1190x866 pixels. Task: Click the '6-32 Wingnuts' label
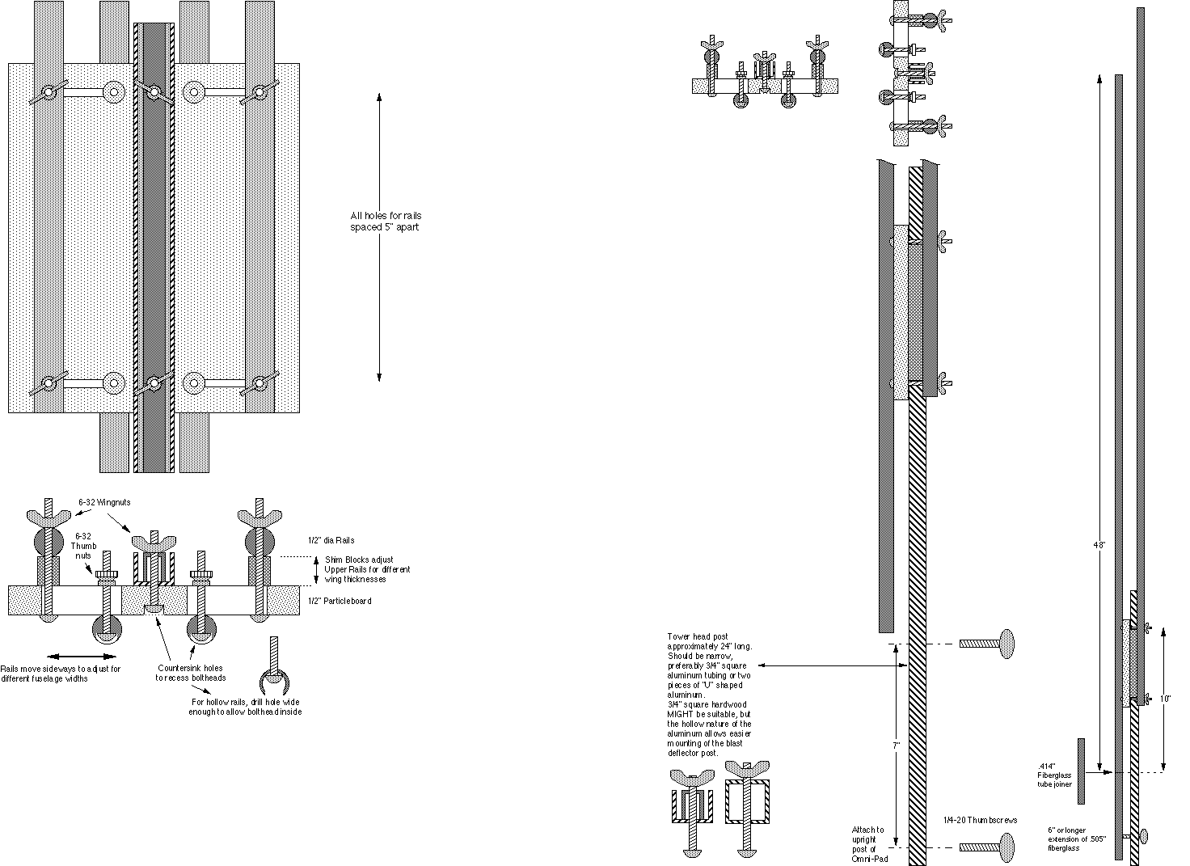click(104, 502)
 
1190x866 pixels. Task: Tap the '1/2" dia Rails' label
click(331, 540)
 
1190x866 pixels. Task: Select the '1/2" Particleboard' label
click(340, 601)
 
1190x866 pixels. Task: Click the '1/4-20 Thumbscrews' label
click(980, 820)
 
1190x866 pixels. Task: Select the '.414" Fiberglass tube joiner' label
click(1053, 775)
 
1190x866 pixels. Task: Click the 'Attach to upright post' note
click(868, 844)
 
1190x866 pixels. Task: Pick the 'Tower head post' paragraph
click(710, 694)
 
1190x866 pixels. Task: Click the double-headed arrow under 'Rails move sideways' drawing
click(81, 656)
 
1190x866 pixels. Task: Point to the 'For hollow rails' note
click(247, 707)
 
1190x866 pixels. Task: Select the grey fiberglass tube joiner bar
click(1081, 771)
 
